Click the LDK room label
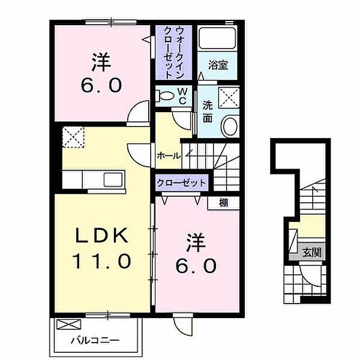pyautogui.click(x=100, y=237)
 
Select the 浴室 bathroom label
pyautogui.click(x=218, y=65)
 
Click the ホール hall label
pyautogui.click(x=168, y=155)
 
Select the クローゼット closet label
pyautogui.click(x=182, y=183)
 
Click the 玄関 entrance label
pyautogui.click(x=311, y=253)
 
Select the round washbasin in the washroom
pyautogui.click(x=229, y=127)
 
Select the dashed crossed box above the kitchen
pyautogui.click(x=74, y=137)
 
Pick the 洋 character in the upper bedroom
pyautogui.click(x=101, y=61)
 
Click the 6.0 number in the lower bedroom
pyautogui.click(x=194, y=265)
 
